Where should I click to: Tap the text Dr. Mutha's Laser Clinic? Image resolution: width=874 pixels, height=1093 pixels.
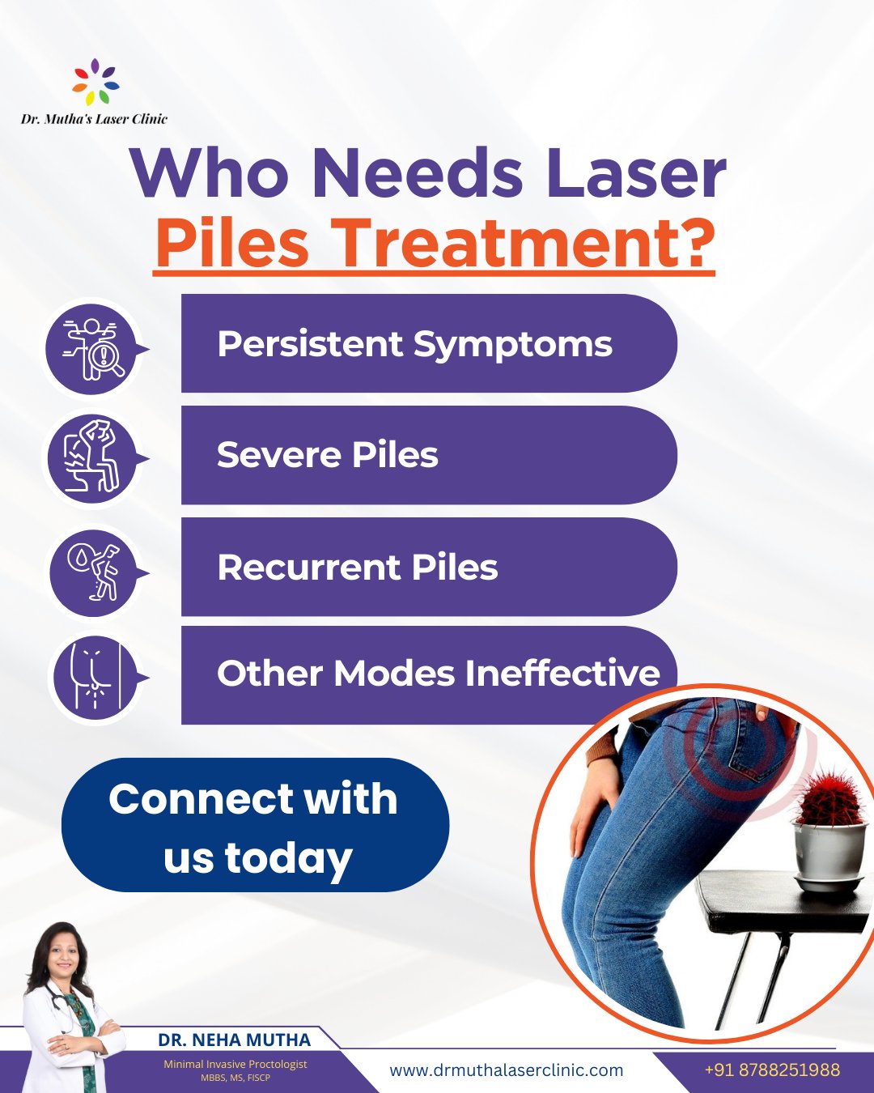coord(94,119)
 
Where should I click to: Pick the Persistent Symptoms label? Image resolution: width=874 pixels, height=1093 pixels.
coord(414,344)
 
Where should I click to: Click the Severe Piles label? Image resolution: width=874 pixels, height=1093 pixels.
coord(328,455)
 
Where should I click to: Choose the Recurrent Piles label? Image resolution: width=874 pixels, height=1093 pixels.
coord(357,567)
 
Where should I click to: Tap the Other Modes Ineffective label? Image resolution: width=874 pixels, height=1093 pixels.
coord(438,674)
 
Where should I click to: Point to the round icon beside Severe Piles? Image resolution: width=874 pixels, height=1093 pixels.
coord(93,459)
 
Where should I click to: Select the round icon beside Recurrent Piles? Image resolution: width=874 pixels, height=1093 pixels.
coord(94,572)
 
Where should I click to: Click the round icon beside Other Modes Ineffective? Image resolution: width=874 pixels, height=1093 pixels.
coord(94,677)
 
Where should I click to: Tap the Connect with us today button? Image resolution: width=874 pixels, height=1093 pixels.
coord(255,826)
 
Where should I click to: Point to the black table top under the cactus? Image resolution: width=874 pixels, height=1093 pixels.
coord(777,899)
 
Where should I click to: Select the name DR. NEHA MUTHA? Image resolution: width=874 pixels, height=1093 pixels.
coord(234,1040)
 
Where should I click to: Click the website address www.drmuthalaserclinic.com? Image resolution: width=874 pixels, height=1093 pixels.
coord(507,1070)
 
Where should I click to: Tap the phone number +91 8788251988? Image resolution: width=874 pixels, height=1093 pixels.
coord(772,1070)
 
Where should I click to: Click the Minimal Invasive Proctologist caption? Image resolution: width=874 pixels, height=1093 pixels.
coord(235,1064)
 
